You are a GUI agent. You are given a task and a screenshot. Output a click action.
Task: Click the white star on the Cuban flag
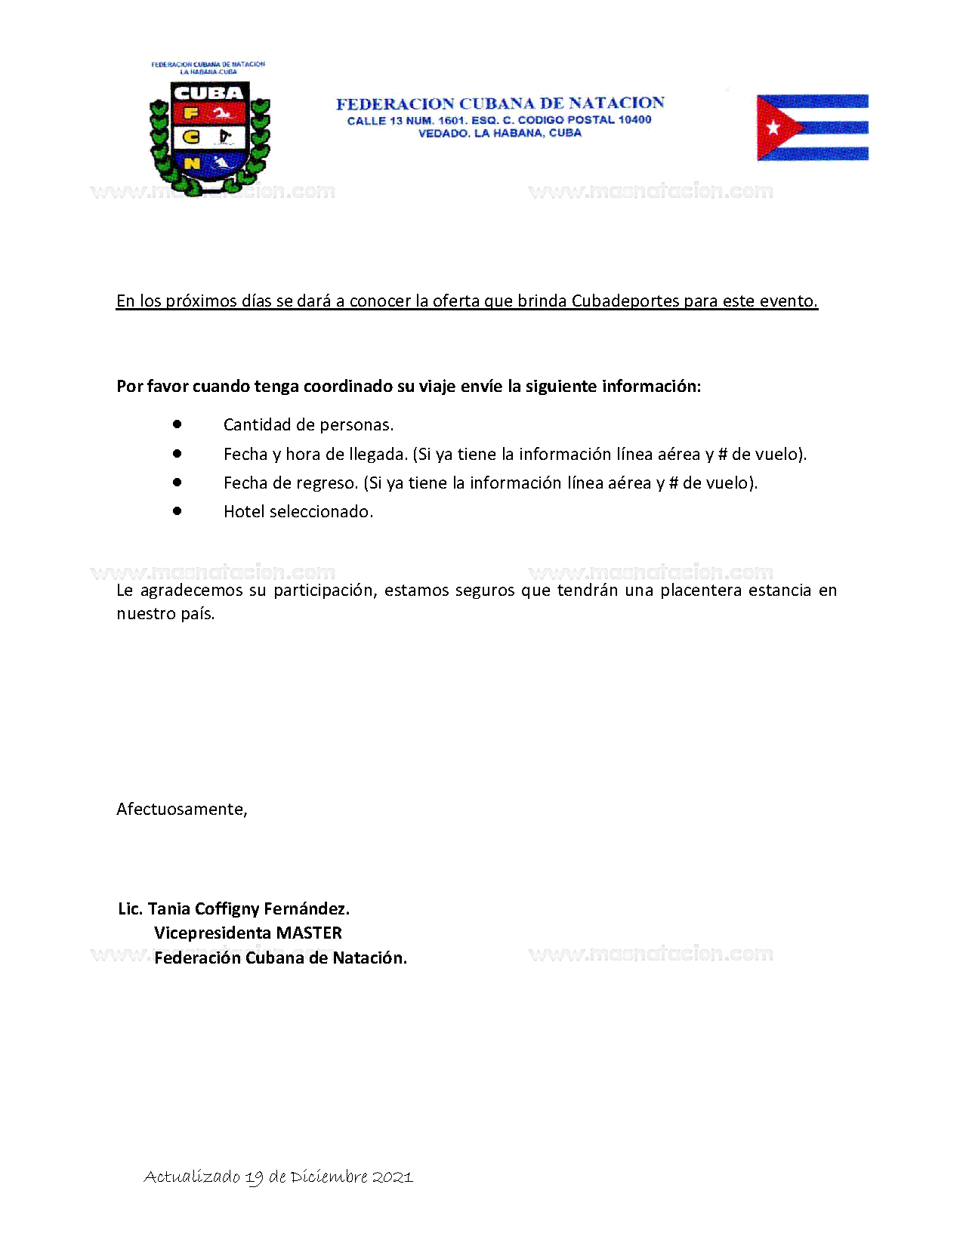[x=773, y=128]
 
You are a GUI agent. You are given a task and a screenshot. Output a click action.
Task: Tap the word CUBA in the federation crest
[x=208, y=93]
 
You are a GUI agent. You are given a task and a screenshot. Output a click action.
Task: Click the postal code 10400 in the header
[x=634, y=119]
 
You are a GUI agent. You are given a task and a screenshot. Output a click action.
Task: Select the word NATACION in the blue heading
[x=616, y=103]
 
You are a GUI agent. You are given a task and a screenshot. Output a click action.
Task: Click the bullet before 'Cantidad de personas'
[x=177, y=424]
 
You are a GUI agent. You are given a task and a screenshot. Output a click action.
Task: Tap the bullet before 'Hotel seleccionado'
[x=177, y=510]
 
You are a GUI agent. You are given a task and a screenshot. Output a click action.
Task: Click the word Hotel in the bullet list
[x=244, y=511]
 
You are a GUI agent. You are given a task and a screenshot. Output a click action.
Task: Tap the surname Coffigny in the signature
[x=227, y=908]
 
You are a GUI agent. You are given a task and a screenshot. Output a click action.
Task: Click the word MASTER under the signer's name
[x=309, y=933]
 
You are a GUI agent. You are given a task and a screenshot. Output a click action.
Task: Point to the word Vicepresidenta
[x=212, y=933]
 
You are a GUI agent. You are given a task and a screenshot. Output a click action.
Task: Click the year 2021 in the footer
[x=393, y=1177]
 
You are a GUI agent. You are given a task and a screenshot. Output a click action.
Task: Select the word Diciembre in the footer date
[x=329, y=1177]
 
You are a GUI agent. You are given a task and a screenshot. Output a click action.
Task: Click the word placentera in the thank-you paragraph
[x=700, y=590]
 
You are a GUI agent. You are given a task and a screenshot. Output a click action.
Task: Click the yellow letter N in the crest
[x=192, y=163]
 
